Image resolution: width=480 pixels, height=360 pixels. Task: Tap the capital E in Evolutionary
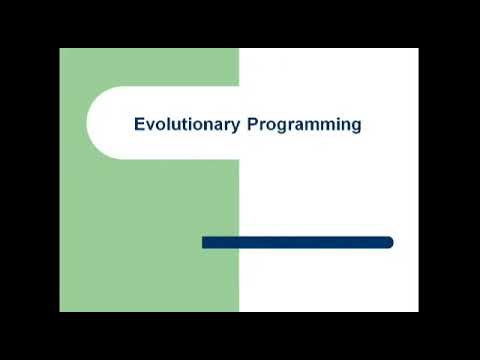[x=139, y=125]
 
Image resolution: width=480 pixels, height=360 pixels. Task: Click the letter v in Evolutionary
[x=149, y=126]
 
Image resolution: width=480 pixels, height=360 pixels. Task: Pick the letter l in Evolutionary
[x=166, y=125]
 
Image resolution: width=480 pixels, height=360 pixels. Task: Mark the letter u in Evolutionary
[x=173, y=126]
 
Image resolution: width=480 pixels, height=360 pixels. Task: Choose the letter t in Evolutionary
[x=180, y=125]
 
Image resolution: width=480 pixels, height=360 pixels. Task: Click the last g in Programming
[x=355, y=127]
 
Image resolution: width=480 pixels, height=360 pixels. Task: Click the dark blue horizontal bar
[x=297, y=242]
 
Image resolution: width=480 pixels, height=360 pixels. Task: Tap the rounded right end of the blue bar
[x=390, y=242]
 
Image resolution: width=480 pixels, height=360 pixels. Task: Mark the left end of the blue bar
[x=204, y=242]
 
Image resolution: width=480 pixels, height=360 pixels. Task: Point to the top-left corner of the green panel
[x=61, y=49]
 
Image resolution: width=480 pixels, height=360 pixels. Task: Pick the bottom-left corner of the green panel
[x=61, y=310]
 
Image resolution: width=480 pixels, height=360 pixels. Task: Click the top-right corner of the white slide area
[x=417, y=49]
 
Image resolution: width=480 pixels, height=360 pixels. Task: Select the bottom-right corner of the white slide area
[x=417, y=310]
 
